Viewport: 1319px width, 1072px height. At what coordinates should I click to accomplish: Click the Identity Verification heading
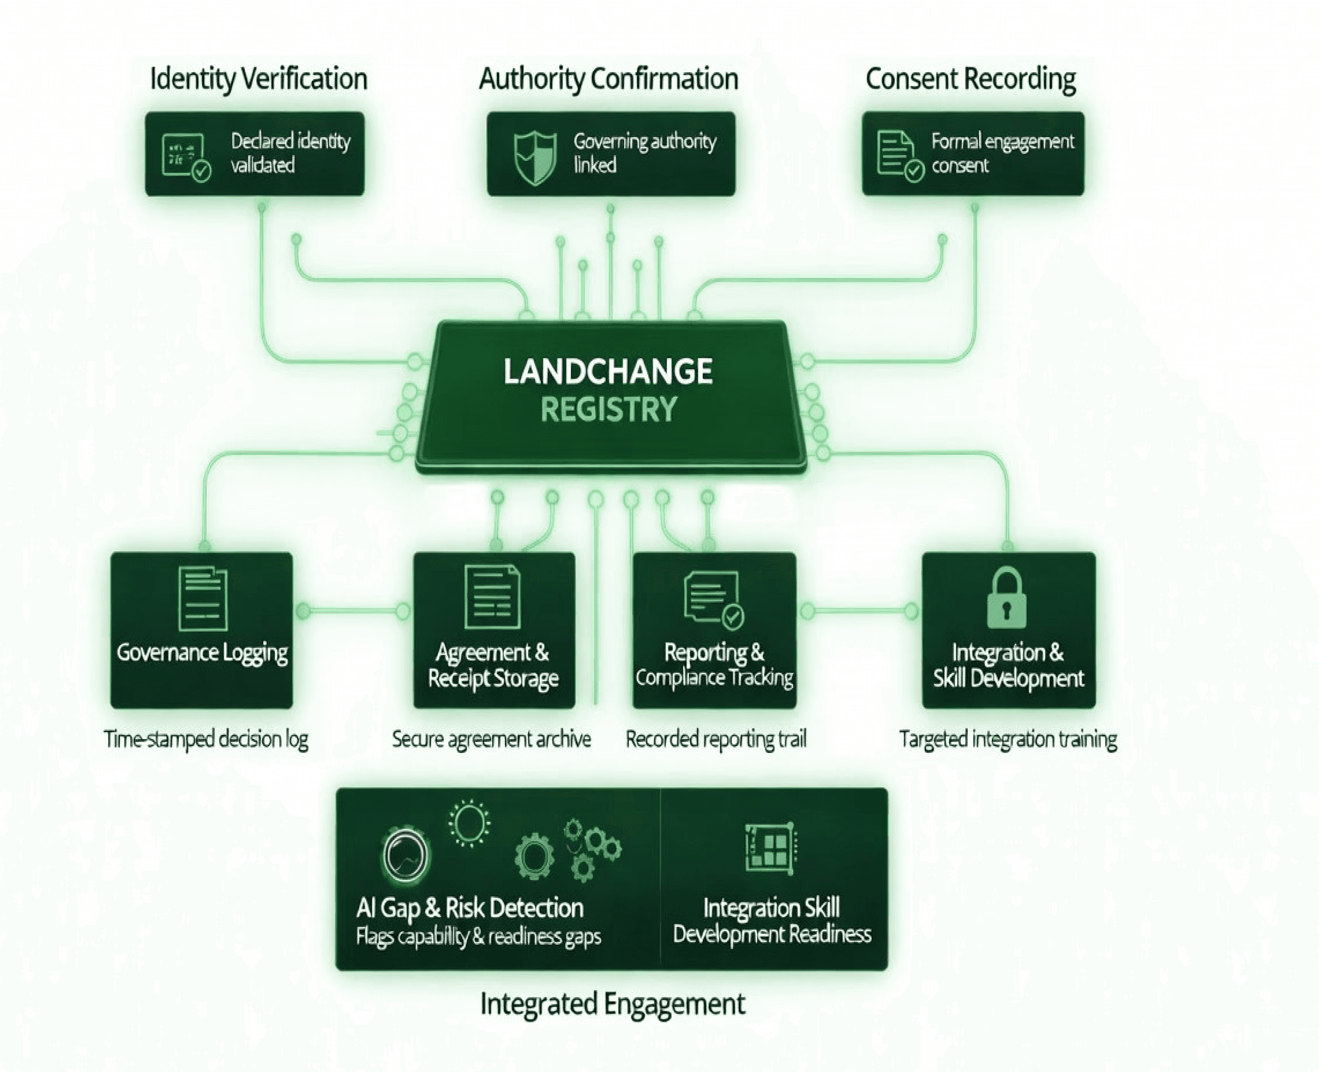(258, 79)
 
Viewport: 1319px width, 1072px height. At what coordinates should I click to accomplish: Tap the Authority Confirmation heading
(608, 79)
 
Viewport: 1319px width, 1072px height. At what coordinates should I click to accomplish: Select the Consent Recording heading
(970, 79)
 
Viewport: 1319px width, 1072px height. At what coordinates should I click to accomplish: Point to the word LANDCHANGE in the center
(608, 372)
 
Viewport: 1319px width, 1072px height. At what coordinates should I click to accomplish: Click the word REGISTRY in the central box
(609, 409)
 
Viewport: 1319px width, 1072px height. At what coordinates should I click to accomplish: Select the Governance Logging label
(202, 653)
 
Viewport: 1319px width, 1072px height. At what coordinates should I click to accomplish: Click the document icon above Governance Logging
(203, 598)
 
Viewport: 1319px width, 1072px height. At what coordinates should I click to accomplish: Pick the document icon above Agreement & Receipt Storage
(492, 598)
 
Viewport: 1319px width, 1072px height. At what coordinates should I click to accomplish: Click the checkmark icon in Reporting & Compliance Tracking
(733, 616)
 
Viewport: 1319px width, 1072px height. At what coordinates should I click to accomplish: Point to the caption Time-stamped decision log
(206, 739)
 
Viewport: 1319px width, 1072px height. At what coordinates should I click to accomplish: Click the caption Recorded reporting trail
(716, 739)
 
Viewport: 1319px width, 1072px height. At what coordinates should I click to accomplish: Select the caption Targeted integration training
(1008, 739)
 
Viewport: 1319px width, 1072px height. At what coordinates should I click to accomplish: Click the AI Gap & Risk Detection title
(470, 908)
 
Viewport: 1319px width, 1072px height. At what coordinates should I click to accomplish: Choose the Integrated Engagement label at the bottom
(613, 1003)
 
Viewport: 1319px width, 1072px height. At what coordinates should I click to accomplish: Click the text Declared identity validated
(290, 153)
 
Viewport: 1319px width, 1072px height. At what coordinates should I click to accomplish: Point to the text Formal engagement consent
(1002, 153)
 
